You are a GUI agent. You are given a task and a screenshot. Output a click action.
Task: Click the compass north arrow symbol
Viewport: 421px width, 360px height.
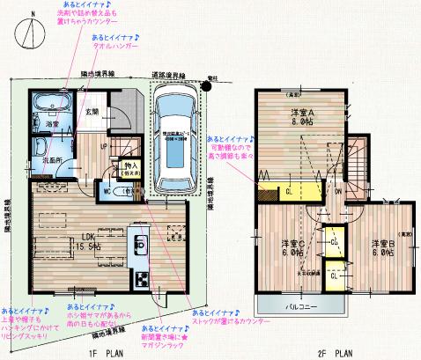point(32,31)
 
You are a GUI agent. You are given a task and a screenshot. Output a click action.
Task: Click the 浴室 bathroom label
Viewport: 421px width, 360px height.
point(53,125)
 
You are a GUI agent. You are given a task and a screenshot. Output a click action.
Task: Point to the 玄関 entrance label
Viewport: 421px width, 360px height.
point(91,112)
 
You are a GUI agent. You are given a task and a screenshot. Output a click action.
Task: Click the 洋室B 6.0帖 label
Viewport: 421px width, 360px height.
point(381,247)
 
